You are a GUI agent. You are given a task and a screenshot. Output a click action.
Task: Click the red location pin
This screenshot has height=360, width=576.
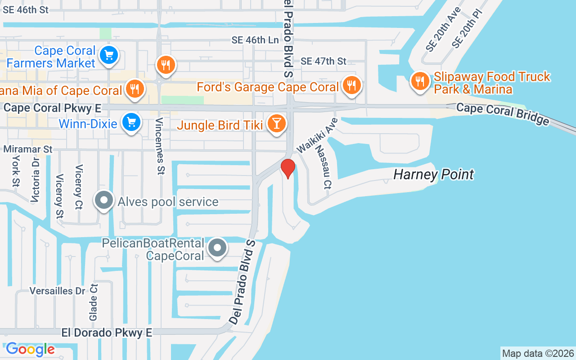click(x=288, y=168)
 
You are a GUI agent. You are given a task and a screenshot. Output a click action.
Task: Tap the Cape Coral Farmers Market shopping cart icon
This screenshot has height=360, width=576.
click(x=108, y=56)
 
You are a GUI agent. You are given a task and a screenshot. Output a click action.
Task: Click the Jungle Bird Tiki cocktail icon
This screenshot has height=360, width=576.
click(x=276, y=123)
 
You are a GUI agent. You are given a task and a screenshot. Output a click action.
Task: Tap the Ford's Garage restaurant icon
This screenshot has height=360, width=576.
click(x=351, y=85)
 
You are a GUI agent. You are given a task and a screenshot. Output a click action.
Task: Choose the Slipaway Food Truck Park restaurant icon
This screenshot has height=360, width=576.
click(x=420, y=81)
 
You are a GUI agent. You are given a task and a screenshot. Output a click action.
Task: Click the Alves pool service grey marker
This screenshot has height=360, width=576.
click(x=104, y=201)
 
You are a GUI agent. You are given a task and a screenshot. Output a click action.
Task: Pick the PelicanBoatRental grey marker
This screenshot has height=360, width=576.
click(x=218, y=248)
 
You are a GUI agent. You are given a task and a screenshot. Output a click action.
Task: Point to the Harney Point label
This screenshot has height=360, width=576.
click(x=433, y=175)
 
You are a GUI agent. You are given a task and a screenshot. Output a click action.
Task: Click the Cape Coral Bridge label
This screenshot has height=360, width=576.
click(x=502, y=114)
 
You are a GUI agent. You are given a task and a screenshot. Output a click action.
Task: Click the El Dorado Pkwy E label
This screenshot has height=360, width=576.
click(x=107, y=333)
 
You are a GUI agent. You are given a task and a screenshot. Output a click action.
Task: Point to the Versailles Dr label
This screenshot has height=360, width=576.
click(x=58, y=291)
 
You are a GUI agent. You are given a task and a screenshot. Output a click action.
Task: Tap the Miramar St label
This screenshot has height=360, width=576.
click(x=28, y=149)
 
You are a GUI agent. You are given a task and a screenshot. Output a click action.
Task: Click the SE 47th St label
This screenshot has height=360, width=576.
click(x=324, y=61)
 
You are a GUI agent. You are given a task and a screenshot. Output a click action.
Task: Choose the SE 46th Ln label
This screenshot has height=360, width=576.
click(x=255, y=40)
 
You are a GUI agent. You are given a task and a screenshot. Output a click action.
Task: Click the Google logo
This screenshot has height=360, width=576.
click(x=30, y=349)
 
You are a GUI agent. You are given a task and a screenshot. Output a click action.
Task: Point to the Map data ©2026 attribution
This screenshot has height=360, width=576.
click(x=538, y=353)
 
